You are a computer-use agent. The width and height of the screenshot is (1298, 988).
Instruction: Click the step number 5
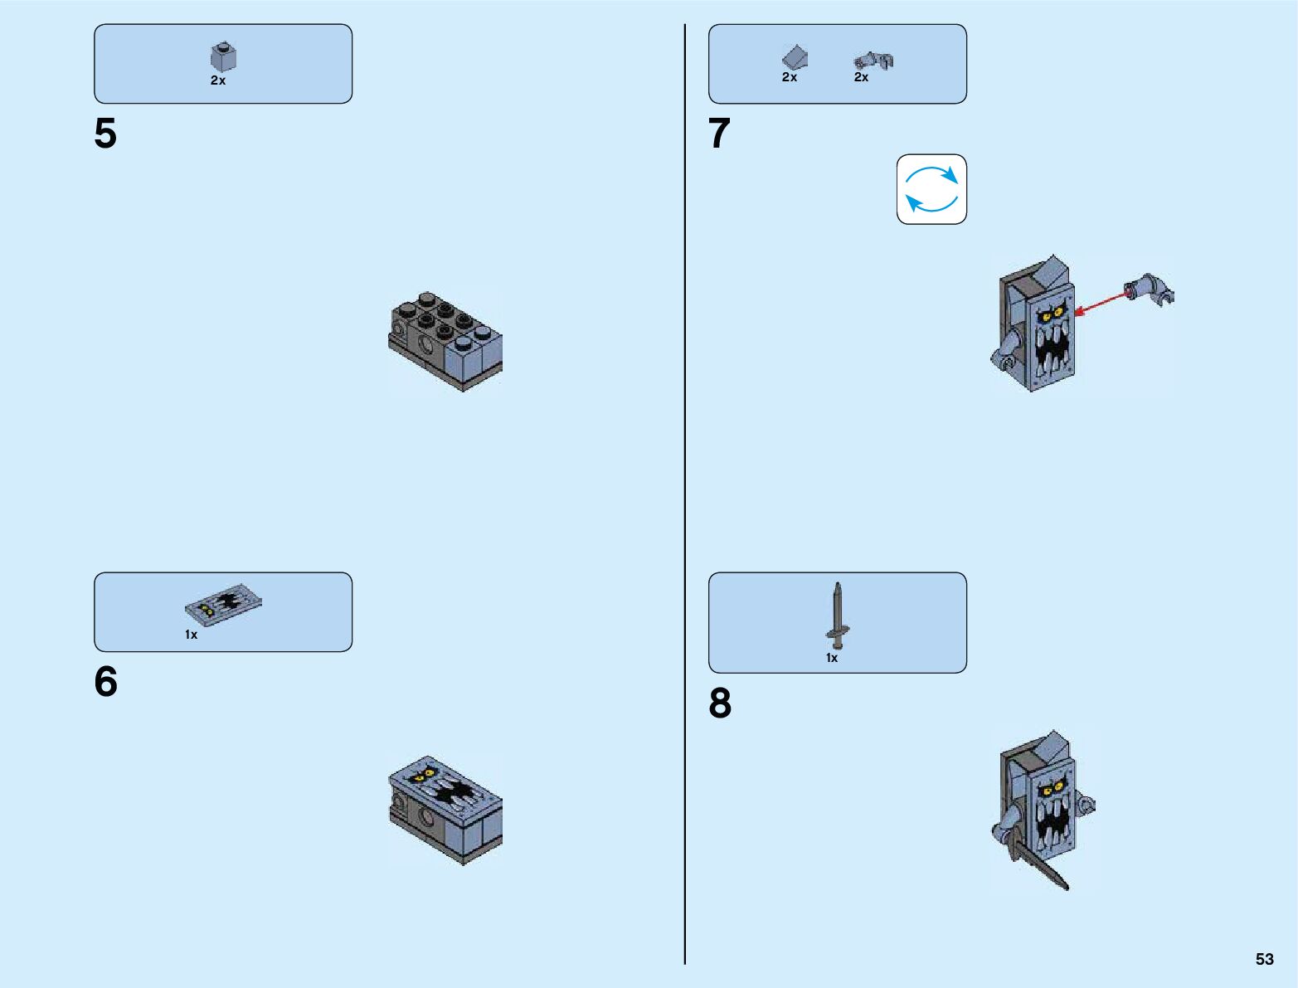pyautogui.click(x=105, y=134)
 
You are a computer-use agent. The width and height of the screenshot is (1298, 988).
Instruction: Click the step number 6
pyautogui.click(x=105, y=682)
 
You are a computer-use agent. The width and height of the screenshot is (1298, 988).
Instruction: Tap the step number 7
pyautogui.click(x=719, y=134)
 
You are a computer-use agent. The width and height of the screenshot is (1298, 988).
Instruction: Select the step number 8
pyautogui.click(x=720, y=703)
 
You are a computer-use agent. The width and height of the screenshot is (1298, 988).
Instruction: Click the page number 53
pyautogui.click(x=1264, y=959)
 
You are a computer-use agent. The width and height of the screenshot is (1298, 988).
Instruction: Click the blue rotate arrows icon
pyautogui.click(x=931, y=189)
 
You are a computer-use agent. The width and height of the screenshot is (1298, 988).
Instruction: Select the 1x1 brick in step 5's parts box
pyautogui.click(x=223, y=57)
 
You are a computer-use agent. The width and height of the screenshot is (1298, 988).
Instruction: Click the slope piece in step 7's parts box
pyautogui.click(x=795, y=56)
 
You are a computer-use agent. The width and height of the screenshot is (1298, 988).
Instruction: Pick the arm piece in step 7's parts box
pyautogui.click(x=874, y=61)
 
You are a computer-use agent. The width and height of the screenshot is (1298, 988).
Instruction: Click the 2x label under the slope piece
pyautogui.click(x=790, y=77)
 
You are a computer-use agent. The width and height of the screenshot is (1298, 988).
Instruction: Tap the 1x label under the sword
pyautogui.click(x=832, y=658)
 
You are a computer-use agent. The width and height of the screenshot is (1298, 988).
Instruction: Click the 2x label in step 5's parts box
pyautogui.click(x=218, y=80)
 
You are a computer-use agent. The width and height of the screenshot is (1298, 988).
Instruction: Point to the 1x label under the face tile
pyautogui.click(x=192, y=635)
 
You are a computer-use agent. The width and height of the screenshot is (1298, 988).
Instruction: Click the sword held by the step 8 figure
pyautogui.click(x=1037, y=864)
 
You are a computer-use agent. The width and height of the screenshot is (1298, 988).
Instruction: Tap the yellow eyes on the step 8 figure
pyautogui.click(x=1052, y=787)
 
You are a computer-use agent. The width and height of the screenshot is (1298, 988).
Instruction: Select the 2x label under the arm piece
pyautogui.click(x=862, y=77)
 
